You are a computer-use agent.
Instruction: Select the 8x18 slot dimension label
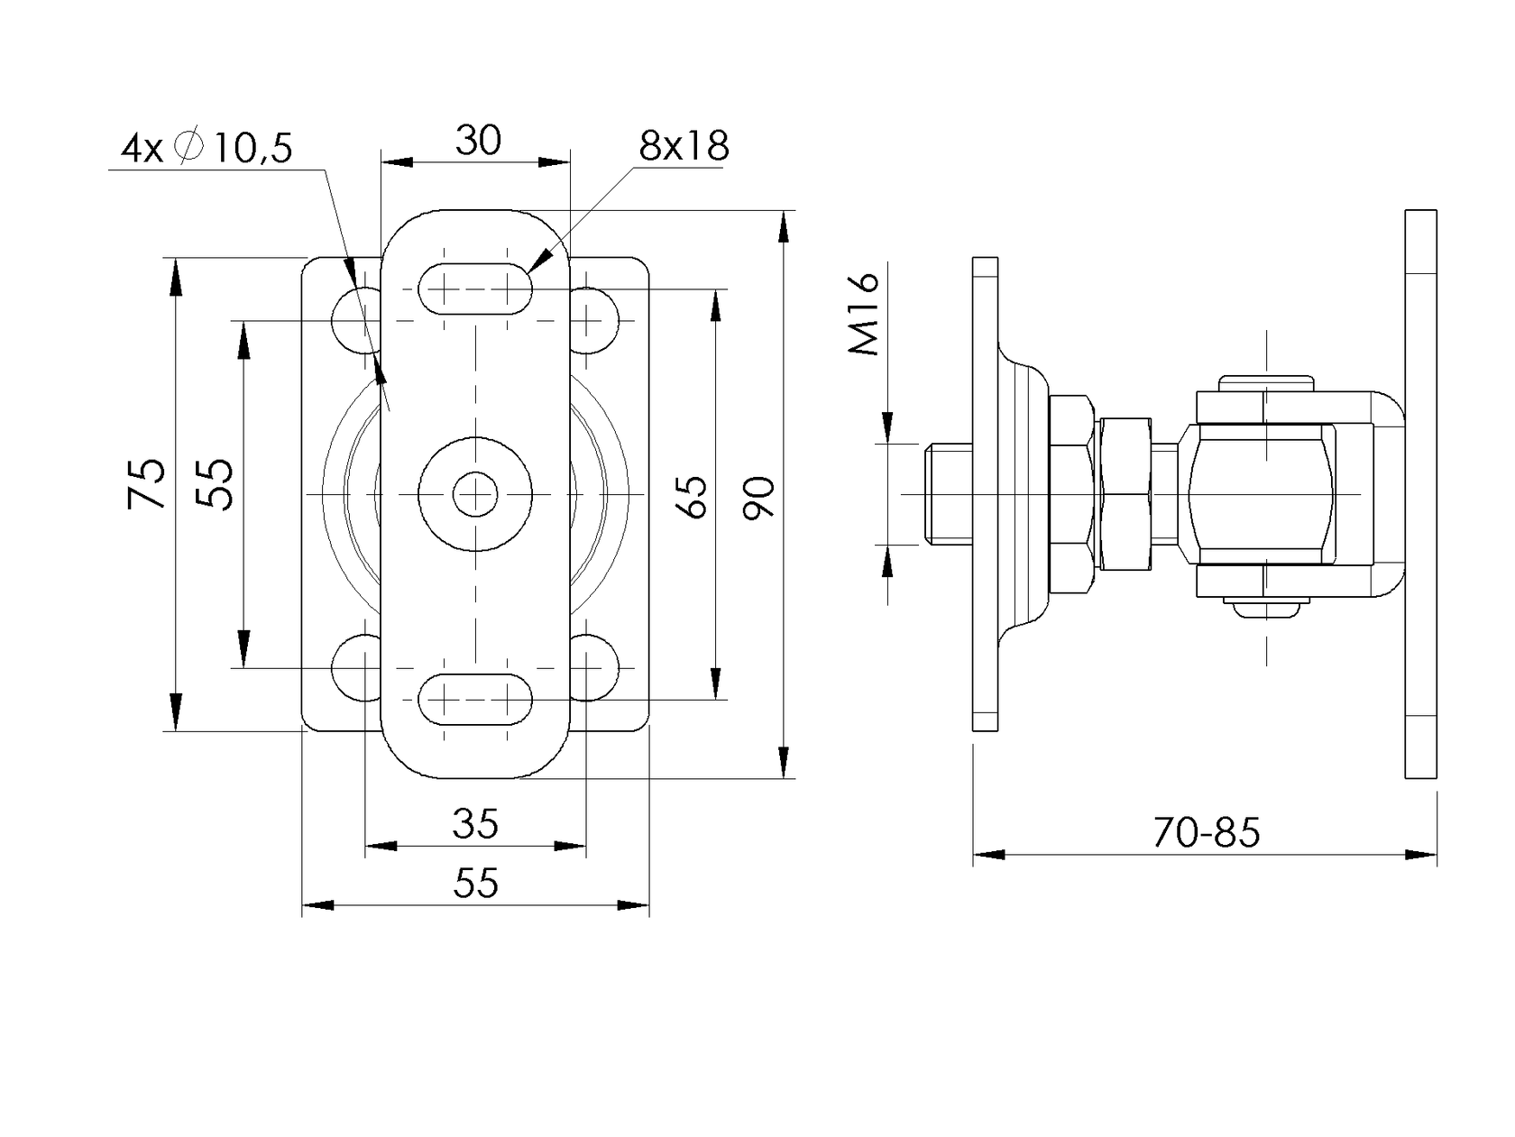pyautogui.click(x=684, y=146)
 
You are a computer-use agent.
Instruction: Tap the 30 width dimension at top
pyautogui.click(x=477, y=140)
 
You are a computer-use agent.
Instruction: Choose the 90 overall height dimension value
pyautogui.click(x=760, y=497)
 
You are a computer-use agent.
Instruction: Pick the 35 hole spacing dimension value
pyautogui.click(x=475, y=823)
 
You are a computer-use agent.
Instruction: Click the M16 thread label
pyautogui.click(x=865, y=315)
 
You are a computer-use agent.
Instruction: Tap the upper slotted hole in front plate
pyautogui.click(x=475, y=289)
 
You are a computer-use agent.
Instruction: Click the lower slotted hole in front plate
pyautogui.click(x=475, y=699)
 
